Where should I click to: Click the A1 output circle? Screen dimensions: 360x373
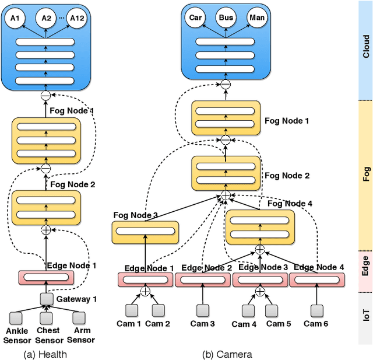[x=15, y=18]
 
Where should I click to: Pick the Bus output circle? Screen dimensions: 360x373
[x=226, y=18]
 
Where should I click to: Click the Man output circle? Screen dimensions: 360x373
[x=256, y=18]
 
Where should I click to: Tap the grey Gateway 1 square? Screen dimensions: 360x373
[x=46, y=299]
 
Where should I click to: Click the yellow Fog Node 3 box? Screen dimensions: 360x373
[x=145, y=232]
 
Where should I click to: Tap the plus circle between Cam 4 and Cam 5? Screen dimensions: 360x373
[x=259, y=291]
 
